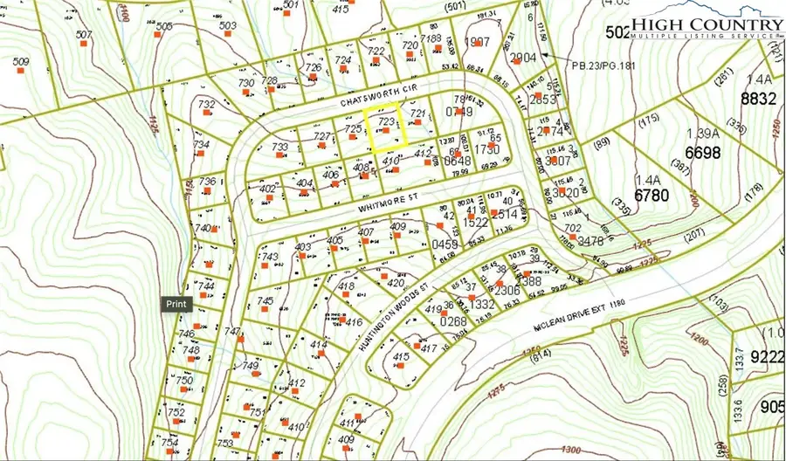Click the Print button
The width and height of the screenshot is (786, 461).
pos(176,304)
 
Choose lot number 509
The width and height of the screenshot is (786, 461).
pos(21,62)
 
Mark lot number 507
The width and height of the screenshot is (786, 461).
pos(84,36)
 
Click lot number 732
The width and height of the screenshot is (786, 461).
pos(206,105)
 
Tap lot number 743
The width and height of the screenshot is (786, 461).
pos(270,257)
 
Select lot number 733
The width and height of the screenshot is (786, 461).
pos(279,147)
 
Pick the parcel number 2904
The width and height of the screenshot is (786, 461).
pos(522,58)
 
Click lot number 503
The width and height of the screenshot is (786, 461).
pos(228,26)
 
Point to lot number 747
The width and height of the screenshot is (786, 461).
pos(231,331)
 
